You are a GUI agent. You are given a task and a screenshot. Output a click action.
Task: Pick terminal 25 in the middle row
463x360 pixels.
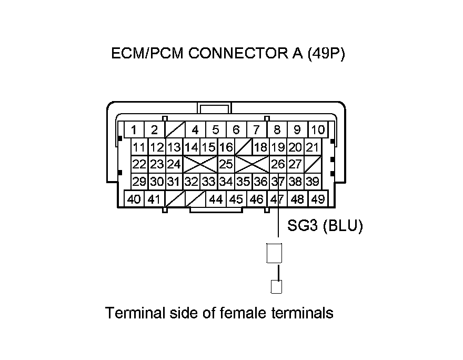[x=226, y=164]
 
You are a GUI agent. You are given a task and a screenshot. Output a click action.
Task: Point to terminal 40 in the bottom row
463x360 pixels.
[x=134, y=199]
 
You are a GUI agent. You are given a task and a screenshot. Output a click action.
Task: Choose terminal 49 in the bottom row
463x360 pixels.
[x=317, y=199]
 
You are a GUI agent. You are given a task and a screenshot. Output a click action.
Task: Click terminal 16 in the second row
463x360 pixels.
[x=226, y=147]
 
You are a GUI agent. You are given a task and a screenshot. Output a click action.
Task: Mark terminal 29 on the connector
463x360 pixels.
[x=139, y=182]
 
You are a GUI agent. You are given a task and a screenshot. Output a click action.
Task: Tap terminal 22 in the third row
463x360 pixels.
[x=139, y=164]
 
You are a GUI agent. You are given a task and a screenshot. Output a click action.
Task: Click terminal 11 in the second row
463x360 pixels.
[x=139, y=147]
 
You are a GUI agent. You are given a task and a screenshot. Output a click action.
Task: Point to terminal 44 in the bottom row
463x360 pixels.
[x=216, y=199]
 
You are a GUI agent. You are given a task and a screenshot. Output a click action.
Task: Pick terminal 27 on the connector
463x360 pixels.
[x=295, y=164]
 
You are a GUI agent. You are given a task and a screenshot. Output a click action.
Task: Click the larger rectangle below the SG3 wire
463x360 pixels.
[x=275, y=253]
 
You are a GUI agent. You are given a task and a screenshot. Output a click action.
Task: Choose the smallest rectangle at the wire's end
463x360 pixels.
[x=276, y=287]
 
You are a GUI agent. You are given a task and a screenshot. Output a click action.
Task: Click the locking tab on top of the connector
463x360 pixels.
[x=215, y=108]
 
